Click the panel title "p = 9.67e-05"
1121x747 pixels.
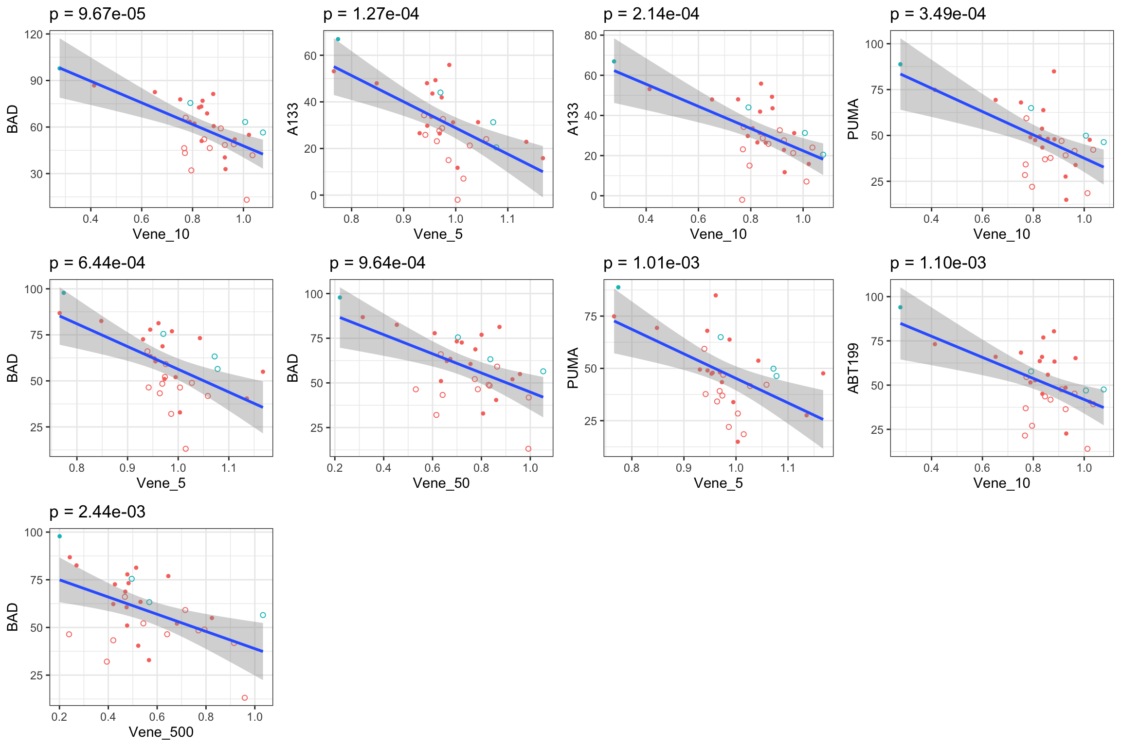tap(97, 14)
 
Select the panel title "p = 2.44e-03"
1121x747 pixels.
tap(97, 512)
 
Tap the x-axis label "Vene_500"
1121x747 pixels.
tap(161, 732)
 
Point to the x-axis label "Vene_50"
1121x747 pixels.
tap(441, 483)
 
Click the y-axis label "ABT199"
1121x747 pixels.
tap(853, 368)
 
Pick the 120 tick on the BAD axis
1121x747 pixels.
tap(36, 35)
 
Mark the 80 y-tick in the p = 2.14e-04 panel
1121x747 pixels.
tap(591, 36)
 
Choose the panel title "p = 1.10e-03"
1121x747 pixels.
tap(938, 263)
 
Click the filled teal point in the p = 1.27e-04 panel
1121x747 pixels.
tap(338, 39)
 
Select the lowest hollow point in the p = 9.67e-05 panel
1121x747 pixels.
tap(247, 200)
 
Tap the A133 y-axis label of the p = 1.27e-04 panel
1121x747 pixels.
tap(292, 119)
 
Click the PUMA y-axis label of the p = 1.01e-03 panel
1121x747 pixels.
tap(573, 368)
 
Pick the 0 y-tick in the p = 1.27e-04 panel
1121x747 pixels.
tap(314, 196)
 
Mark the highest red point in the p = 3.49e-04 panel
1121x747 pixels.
tap(1054, 71)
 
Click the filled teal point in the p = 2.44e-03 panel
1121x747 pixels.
tap(59, 536)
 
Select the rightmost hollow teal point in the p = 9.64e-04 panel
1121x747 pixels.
tap(543, 372)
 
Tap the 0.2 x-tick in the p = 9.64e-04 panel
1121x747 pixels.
tap(335, 468)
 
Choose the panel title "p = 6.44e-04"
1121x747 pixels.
tap(97, 263)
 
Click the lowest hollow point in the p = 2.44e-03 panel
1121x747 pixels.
tap(245, 698)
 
